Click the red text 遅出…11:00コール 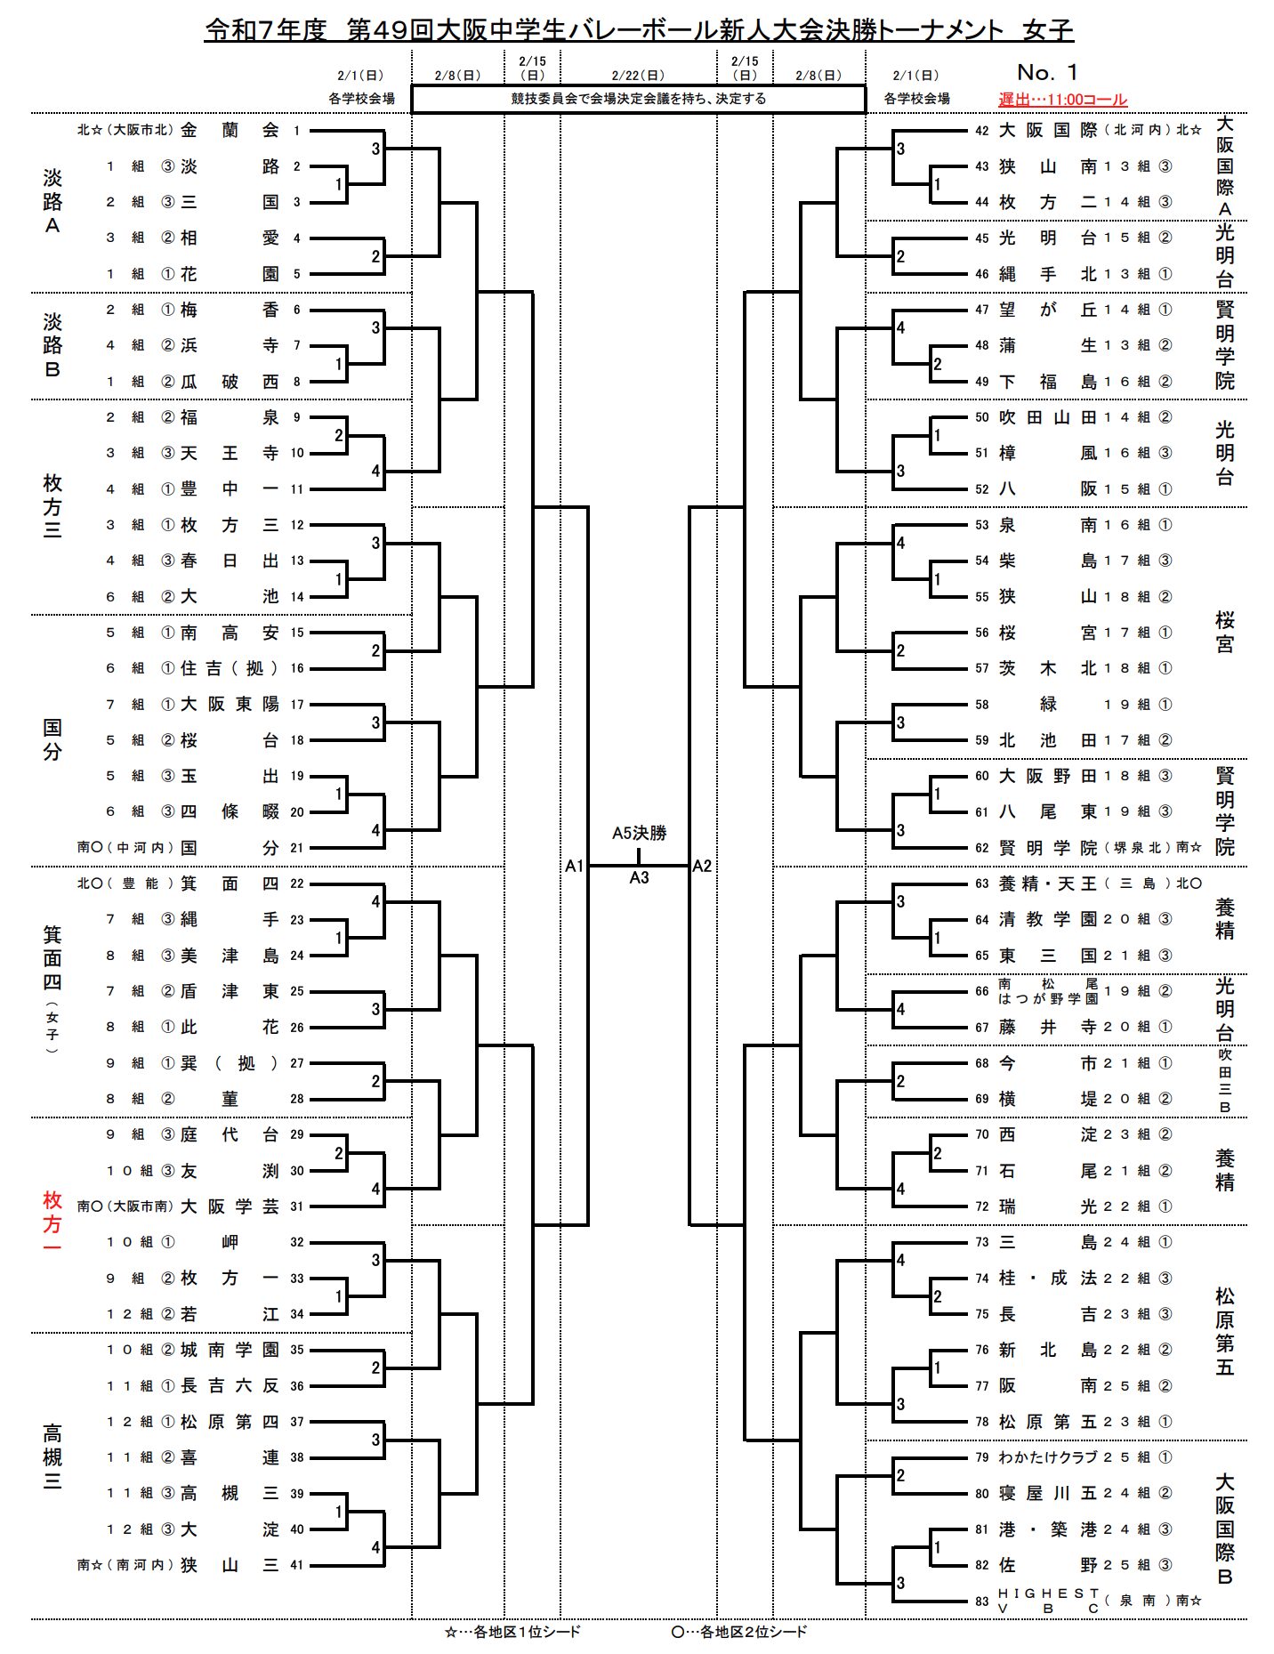click(1062, 100)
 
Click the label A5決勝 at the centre click(639, 833)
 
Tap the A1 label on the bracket click(574, 866)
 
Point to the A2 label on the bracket click(702, 866)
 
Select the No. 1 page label click(1047, 72)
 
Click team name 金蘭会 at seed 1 click(230, 130)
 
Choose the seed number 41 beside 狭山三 click(296, 1565)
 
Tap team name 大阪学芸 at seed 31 click(230, 1206)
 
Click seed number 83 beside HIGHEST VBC click(981, 1601)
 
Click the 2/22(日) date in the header click(638, 76)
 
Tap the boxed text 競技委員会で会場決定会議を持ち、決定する click(638, 99)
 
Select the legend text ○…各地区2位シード click(739, 1632)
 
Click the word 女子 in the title click(1048, 30)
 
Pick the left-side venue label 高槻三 click(52, 1457)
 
